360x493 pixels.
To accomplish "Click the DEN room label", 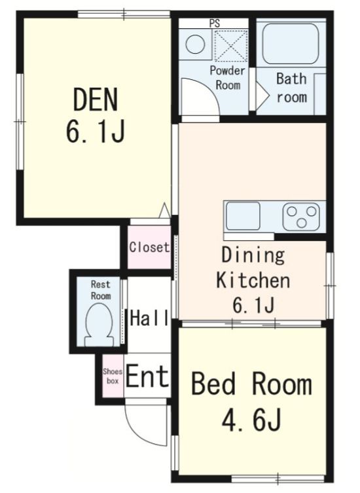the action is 96,100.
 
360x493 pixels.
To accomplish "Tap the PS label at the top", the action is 215,24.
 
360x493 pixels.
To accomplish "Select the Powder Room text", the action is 227,77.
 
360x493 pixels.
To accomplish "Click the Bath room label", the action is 291,88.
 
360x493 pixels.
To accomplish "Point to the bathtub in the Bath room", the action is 291,44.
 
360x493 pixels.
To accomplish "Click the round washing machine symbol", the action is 195,44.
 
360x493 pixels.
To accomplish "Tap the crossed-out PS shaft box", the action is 231,46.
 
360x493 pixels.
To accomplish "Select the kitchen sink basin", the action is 243,216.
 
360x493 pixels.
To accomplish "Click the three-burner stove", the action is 301,217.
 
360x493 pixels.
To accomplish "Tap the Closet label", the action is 149,247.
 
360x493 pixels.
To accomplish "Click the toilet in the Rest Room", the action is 99,325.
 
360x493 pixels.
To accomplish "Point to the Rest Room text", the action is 101,290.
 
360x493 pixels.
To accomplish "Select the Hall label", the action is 150,318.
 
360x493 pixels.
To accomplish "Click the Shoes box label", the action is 113,376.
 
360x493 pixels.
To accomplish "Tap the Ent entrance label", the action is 147,376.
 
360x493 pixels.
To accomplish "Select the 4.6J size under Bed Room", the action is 251,420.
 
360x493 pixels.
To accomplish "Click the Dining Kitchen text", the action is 253,268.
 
